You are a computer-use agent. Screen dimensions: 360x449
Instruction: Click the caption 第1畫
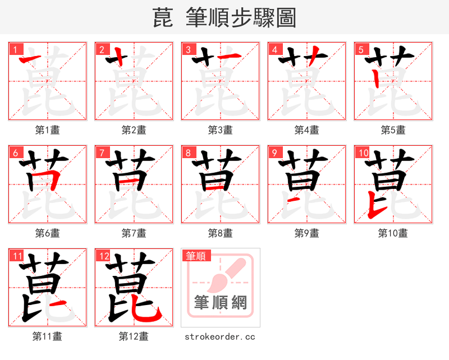click(48, 130)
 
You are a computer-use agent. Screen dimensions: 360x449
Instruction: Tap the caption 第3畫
click(221, 130)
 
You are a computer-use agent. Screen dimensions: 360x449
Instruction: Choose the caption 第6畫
click(48, 233)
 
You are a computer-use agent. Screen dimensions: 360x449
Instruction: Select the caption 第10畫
click(393, 233)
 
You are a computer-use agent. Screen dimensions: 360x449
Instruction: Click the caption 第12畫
click(134, 336)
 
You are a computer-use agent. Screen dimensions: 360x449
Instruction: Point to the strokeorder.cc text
click(220, 336)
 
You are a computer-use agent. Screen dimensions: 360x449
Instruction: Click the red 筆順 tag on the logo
click(196, 256)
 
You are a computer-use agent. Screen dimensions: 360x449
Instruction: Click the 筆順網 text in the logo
click(221, 303)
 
